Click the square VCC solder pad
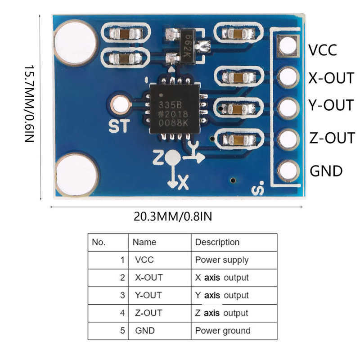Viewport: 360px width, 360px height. point(288,45)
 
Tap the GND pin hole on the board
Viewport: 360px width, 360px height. point(288,170)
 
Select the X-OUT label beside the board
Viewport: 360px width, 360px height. point(331,78)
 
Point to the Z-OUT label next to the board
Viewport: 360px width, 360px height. point(332,138)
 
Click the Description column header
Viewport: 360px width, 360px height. point(217,242)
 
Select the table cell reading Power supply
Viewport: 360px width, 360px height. point(221,260)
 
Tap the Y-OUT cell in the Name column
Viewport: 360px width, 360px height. point(148,295)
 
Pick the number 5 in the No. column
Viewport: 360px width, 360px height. point(122,331)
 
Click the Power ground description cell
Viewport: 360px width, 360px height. point(222,331)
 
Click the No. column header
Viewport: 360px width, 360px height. point(99,242)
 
